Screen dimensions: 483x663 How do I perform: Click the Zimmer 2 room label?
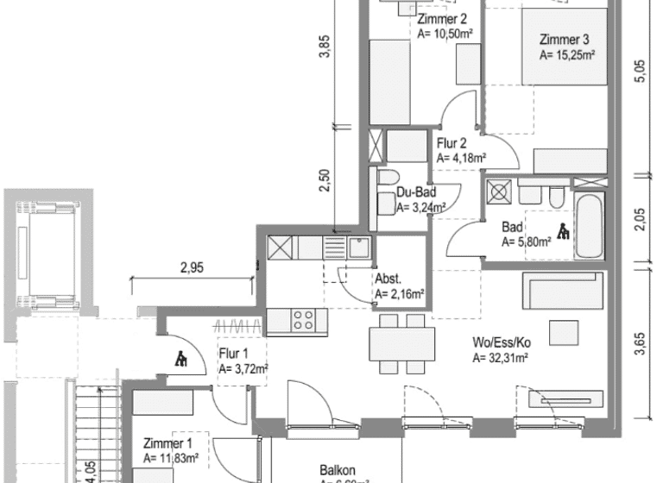(442, 20)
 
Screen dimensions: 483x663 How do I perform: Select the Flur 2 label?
(451, 143)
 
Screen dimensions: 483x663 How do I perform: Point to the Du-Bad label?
(415, 193)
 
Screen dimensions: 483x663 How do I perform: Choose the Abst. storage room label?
(387, 279)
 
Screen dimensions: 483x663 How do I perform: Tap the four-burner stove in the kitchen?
(303, 321)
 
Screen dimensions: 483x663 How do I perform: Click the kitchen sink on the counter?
(359, 249)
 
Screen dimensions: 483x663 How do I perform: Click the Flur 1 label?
(233, 353)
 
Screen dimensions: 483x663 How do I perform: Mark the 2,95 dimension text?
(192, 268)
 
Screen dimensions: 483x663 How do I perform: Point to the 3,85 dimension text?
(325, 50)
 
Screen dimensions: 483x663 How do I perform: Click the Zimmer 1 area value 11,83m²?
(171, 458)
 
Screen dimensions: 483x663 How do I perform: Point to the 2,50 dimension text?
(325, 180)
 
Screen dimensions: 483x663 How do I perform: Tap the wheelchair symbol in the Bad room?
(563, 230)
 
